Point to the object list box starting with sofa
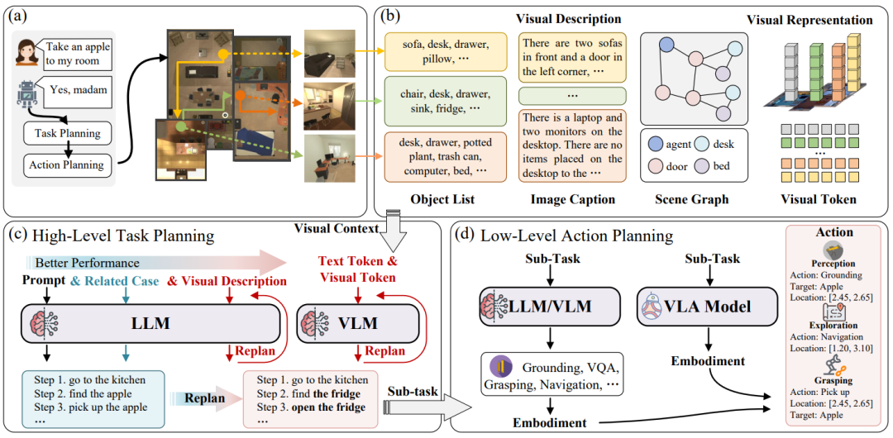[x=432, y=50]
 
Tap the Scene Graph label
[x=692, y=199]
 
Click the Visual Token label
[x=820, y=199]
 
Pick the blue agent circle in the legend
[x=659, y=145]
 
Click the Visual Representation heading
[x=808, y=20]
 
